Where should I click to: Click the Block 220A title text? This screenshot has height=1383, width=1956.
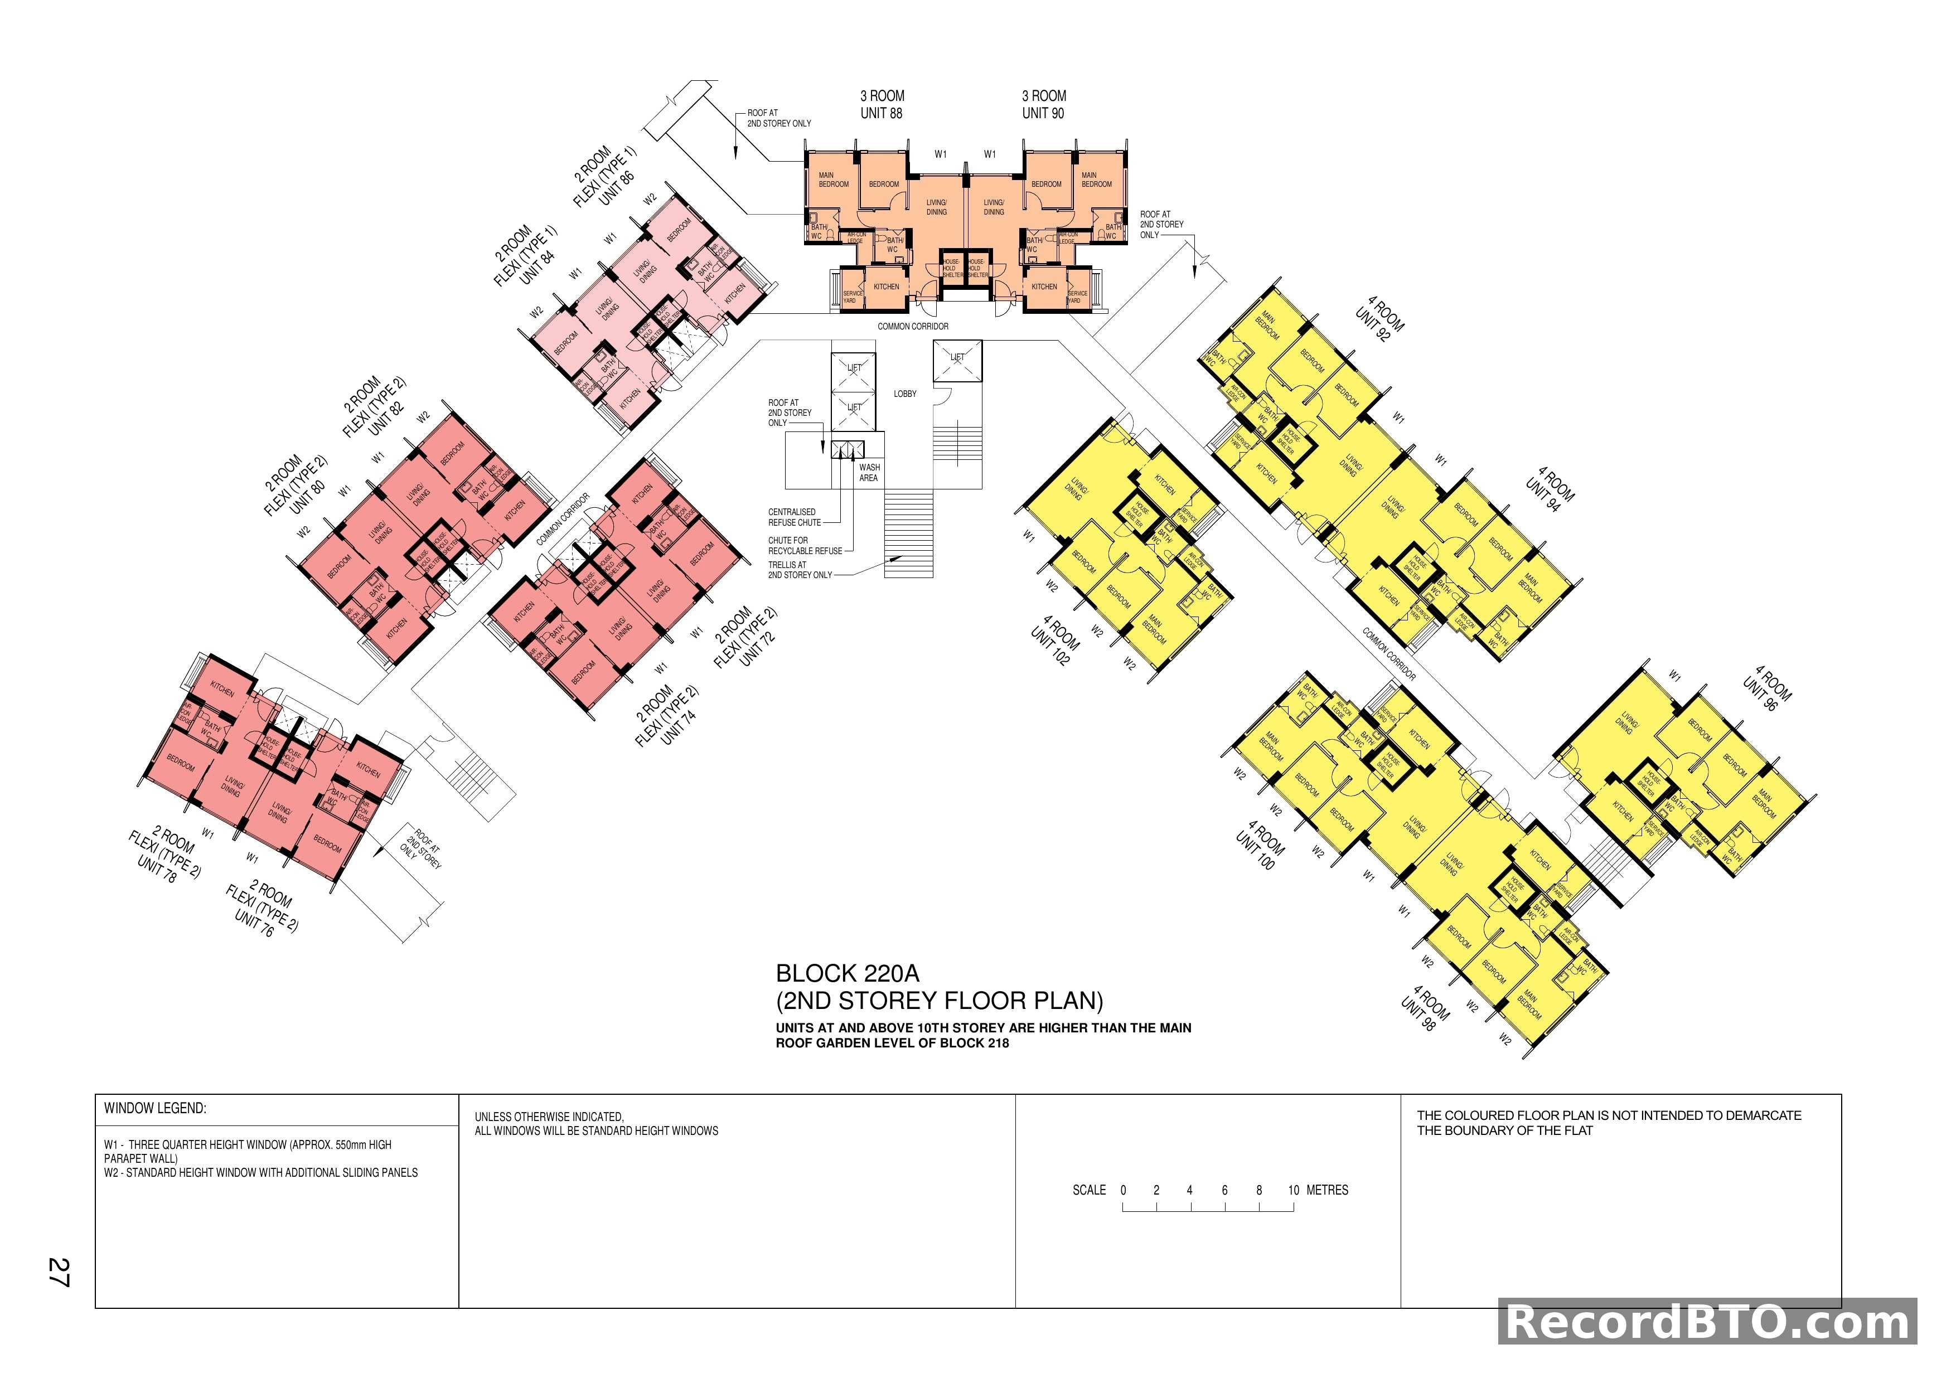tap(848, 973)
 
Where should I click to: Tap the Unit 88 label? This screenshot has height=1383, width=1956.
tap(882, 113)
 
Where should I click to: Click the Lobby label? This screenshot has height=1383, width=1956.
tap(905, 394)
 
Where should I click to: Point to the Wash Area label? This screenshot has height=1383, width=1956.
tap(869, 473)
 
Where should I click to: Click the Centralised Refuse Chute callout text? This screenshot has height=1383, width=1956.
tap(794, 517)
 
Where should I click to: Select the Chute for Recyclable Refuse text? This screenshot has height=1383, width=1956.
tap(804, 546)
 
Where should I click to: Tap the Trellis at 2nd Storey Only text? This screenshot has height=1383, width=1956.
tap(799, 570)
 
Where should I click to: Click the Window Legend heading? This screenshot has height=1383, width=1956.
tap(155, 1109)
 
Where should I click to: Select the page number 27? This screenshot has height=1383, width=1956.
tap(59, 1272)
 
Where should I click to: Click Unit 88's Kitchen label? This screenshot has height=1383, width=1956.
tap(886, 287)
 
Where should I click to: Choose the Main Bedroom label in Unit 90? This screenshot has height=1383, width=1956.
tap(1096, 179)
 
